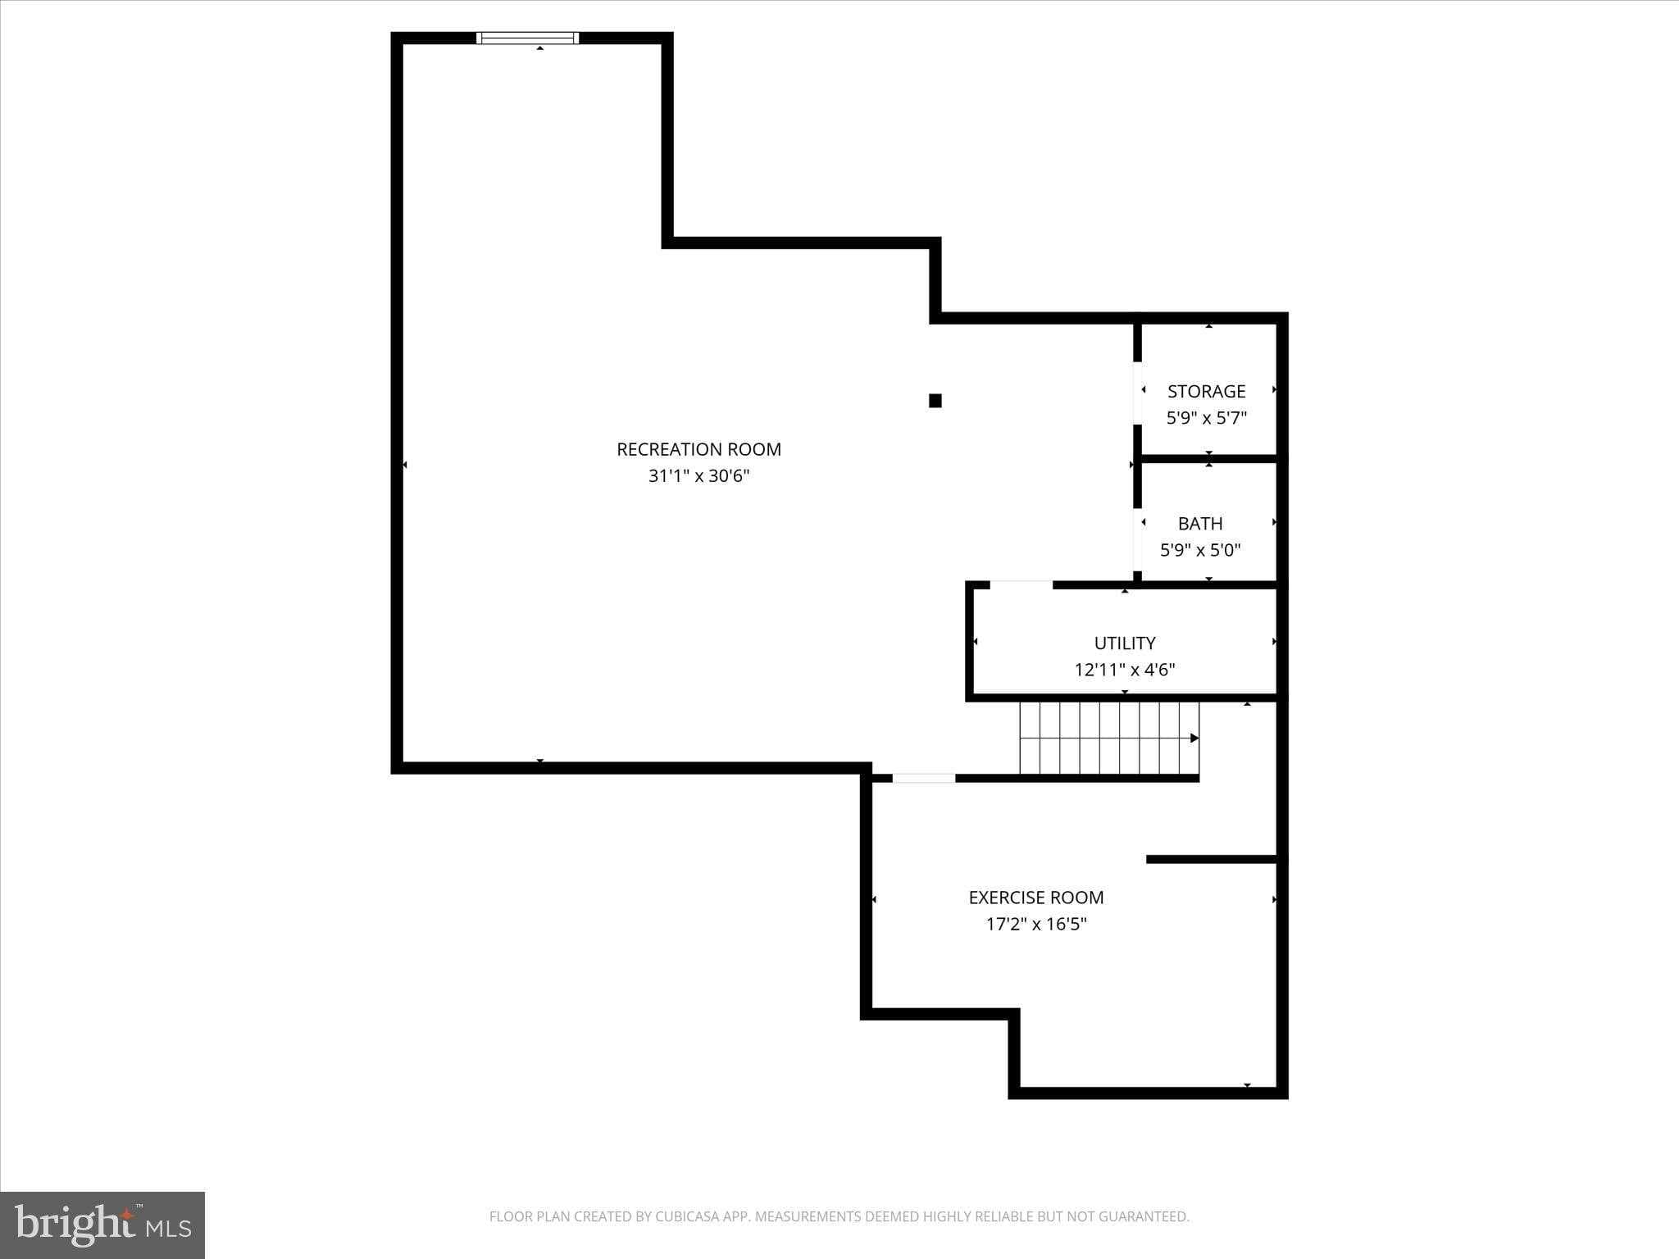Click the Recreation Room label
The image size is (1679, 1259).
(x=698, y=449)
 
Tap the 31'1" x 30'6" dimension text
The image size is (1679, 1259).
(x=698, y=475)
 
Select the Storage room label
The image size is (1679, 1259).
(x=1206, y=391)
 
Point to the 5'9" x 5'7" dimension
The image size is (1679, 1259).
(x=1206, y=418)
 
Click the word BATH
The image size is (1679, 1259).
(x=1200, y=523)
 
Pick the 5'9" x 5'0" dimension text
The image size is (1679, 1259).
(x=1200, y=549)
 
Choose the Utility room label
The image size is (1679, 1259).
(x=1125, y=643)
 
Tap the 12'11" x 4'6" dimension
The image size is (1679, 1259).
(x=1125, y=670)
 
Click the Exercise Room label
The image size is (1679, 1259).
(x=1036, y=898)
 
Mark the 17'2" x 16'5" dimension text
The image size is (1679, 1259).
(x=1036, y=924)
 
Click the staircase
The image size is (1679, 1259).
(x=1109, y=738)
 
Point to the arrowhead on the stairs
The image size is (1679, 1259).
(x=1194, y=739)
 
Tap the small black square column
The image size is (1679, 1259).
(x=935, y=401)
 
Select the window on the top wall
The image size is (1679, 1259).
(x=527, y=38)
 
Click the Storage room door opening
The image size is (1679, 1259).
(x=1137, y=393)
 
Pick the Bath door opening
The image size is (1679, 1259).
(x=1137, y=540)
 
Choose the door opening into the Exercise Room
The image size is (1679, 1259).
(x=924, y=778)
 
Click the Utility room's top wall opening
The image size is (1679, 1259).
(x=1022, y=585)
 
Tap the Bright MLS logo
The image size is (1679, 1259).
(x=102, y=1225)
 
